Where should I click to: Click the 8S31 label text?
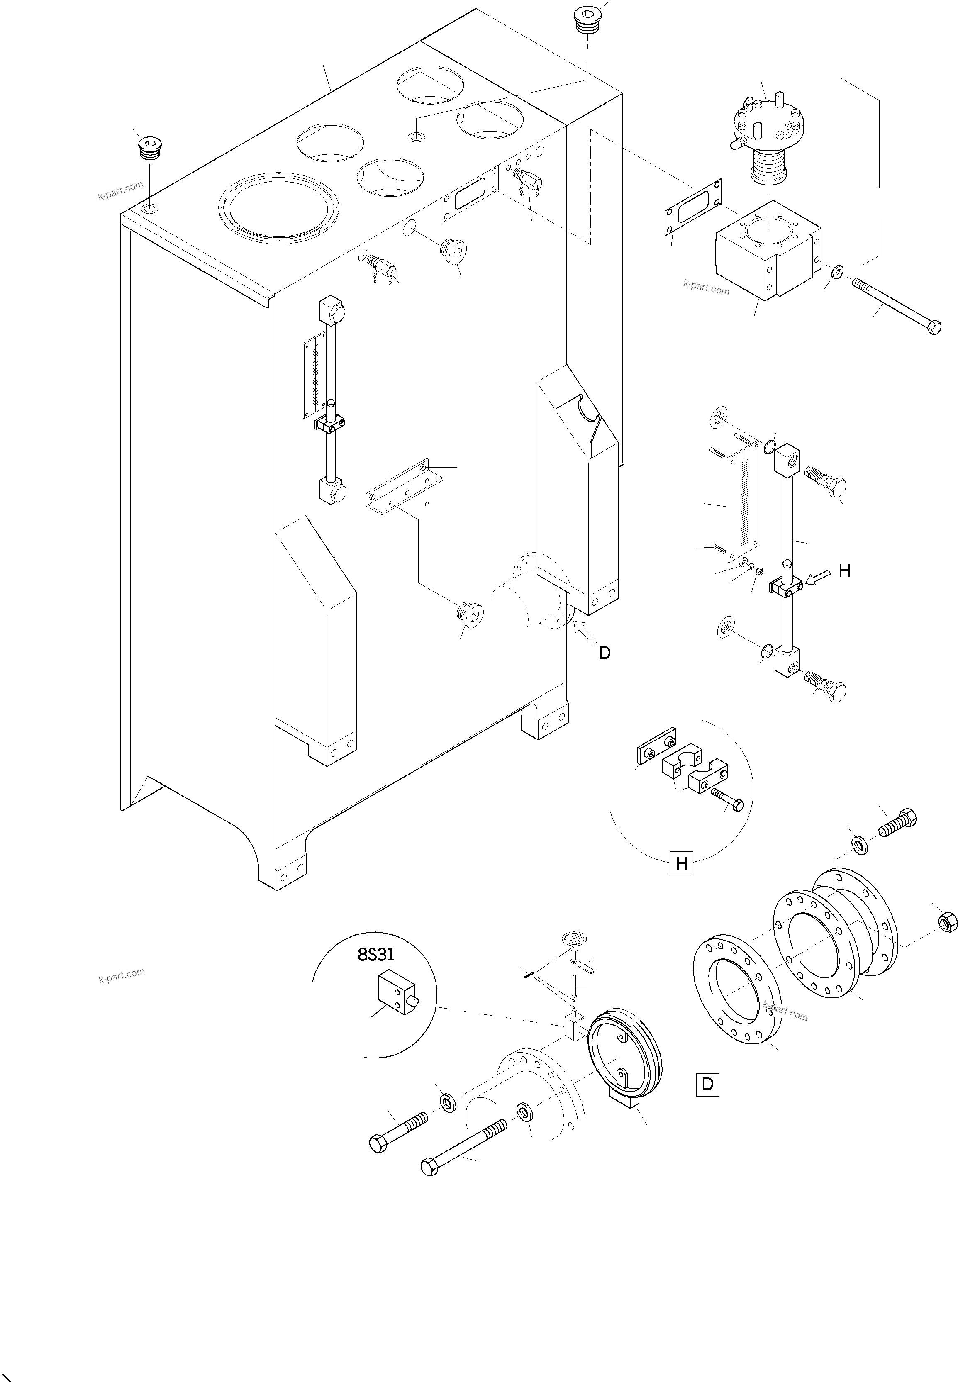click(x=376, y=954)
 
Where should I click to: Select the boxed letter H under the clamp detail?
click(x=681, y=863)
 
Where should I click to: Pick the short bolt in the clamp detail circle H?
click(x=727, y=798)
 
